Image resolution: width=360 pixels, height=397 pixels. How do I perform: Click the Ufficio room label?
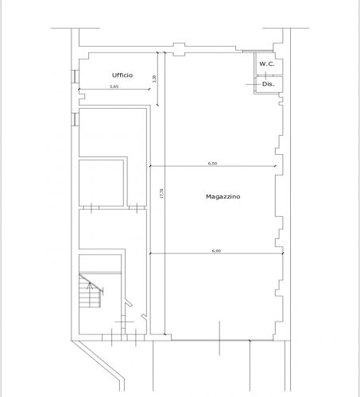tap(122, 75)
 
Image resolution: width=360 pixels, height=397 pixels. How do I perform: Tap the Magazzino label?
tap(223, 197)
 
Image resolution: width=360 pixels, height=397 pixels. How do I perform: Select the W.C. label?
tap(267, 64)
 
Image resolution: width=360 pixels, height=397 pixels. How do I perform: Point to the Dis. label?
tap(269, 84)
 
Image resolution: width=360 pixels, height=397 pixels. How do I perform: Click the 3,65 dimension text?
tap(114, 87)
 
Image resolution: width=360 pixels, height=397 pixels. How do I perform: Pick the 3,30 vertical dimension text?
tap(155, 79)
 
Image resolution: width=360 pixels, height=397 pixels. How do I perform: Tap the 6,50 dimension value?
tap(212, 164)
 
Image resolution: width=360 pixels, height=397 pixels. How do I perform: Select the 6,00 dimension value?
tap(216, 251)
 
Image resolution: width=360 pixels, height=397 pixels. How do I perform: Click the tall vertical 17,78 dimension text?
tap(161, 194)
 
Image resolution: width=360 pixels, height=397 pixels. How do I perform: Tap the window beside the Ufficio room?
tap(75, 76)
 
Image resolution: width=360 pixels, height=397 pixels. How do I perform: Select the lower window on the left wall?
tap(75, 119)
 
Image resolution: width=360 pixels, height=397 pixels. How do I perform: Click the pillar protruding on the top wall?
tap(179, 49)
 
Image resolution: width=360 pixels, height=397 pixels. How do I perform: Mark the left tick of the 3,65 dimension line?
tap(79, 90)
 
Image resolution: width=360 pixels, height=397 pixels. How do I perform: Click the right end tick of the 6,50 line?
tap(275, 166)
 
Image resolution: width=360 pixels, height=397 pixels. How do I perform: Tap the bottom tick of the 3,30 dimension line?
tap(158, 106)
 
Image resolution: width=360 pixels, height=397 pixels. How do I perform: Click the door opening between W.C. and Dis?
tap(265, 75)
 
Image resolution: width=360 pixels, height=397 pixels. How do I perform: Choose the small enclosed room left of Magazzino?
tap(101, 183)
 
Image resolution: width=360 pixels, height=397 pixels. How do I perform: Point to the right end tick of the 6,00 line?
tap(283, 253)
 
